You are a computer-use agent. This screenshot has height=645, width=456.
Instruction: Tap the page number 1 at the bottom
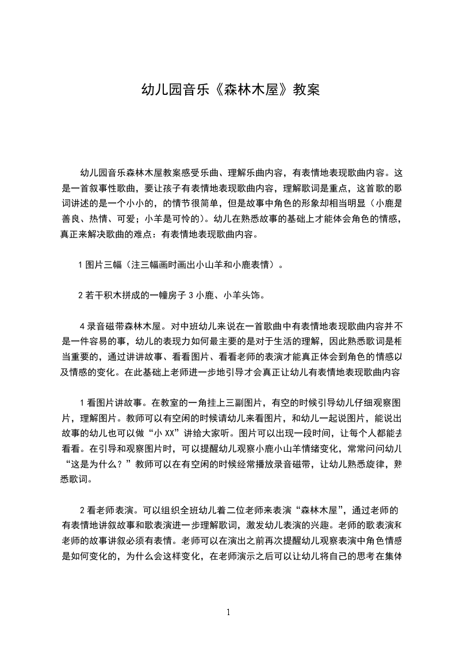point(228,612)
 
